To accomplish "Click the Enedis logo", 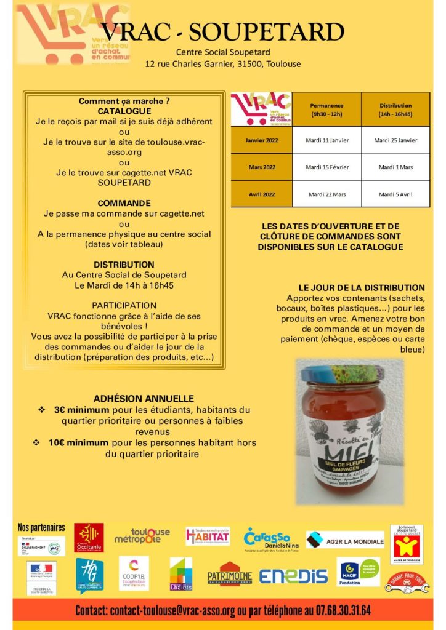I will pyautogui.click(x=293, y=575).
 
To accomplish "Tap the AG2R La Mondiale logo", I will pyautogui.click(x=345, y=540).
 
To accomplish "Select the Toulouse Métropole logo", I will pyautogui.click(x=142, y=536).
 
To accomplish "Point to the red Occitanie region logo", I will pyautogui.click(x=89, y=537).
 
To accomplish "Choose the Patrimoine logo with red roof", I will pyautogui.click(x=229, y=573).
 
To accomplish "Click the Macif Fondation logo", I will pyautogui.click(x=358, y=572).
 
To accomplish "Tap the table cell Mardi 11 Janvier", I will pyautogui.click(x=327, y=140).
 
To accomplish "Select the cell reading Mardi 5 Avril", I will pyautogui.click(x=395, y=194).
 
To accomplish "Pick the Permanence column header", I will pyautogui.click(x=327, y=110).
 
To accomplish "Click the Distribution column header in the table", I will pyautogui.click(x=395, y=110).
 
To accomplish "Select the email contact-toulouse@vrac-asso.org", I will pyautogui.click(x=172, y=611).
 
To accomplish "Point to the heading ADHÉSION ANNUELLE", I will pyautogui.click(x=144, y=399).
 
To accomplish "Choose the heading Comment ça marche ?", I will pyautogui.click(x=124, y=101).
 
